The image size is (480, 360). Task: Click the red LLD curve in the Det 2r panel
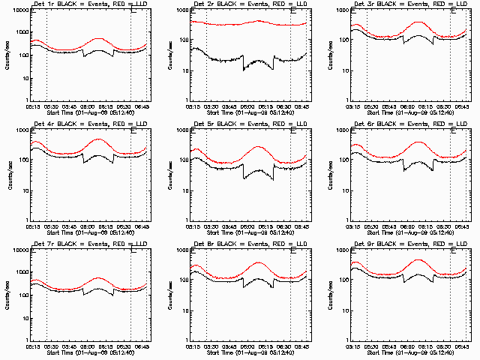coord(225,25)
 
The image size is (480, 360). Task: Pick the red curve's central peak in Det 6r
coord(418,142)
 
